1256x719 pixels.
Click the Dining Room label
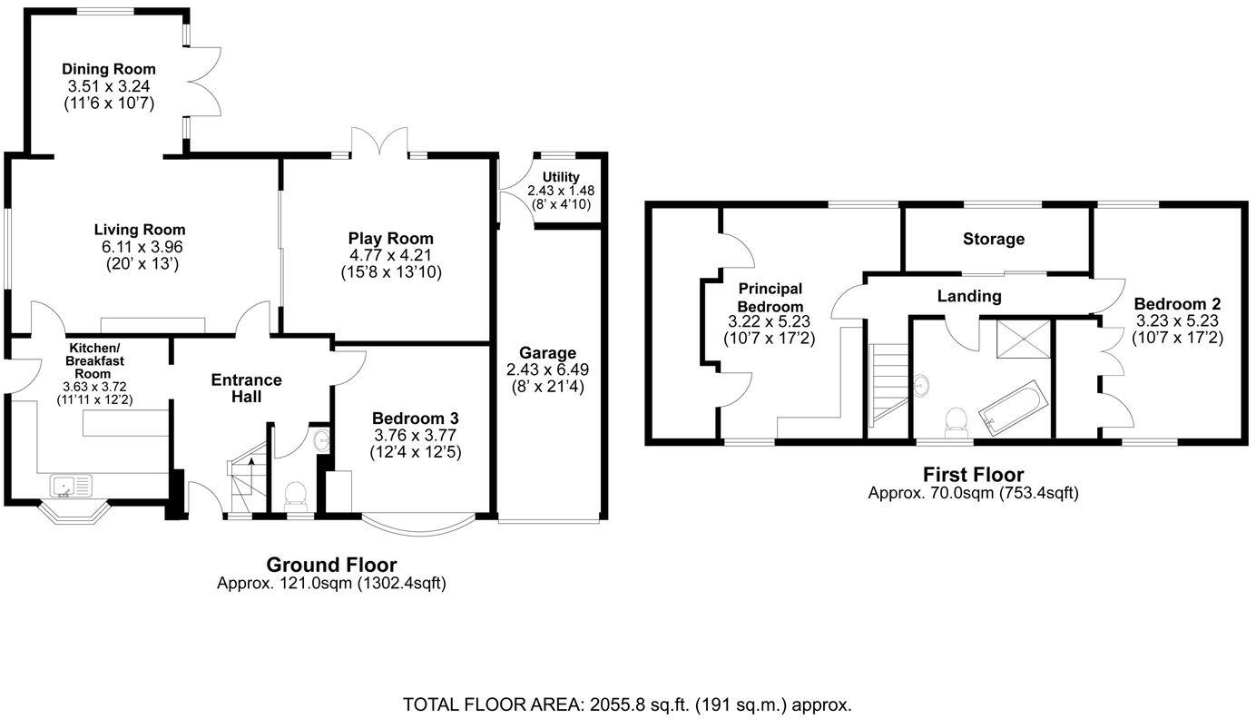(x=109, y=69)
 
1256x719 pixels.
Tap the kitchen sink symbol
(x=72, y=488)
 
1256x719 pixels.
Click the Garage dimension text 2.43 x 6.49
(x=547, y=369)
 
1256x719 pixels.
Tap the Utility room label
(x=561, y=176)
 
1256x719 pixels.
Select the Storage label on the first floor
(x=994, y=239)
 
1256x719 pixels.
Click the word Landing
(x=969, y=296)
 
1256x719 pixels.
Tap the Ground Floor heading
(x=331, y=565)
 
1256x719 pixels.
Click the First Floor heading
(x=973, y=474)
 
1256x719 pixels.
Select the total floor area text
(x=627, y=704)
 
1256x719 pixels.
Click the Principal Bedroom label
(x=770, y=297)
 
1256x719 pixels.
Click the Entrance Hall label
(x=246, y=388)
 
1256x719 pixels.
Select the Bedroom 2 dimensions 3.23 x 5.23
(x=1177, y=321)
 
